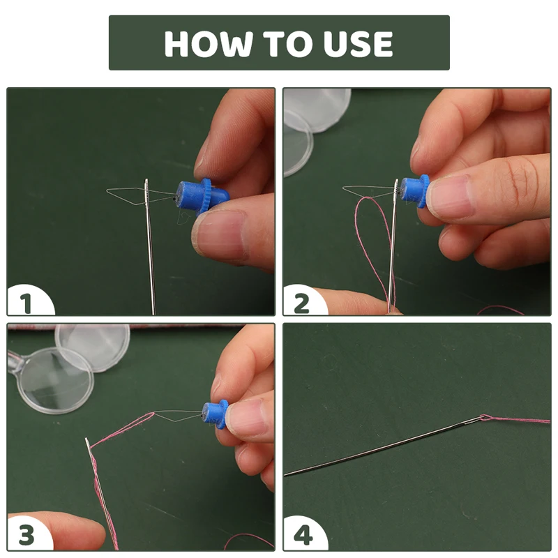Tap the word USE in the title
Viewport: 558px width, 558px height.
[358, 44]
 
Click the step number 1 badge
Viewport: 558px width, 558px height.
[27, 303]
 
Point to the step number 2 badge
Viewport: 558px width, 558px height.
[303, 303]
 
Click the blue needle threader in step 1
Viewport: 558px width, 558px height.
[202, 197]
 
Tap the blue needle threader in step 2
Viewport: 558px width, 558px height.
[414, 191]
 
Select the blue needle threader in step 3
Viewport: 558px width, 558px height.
[215, 414]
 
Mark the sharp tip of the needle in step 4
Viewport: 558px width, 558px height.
[285, 475]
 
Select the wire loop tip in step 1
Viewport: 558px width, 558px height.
[107, 191]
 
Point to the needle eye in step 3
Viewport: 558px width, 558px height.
[87, 444]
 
